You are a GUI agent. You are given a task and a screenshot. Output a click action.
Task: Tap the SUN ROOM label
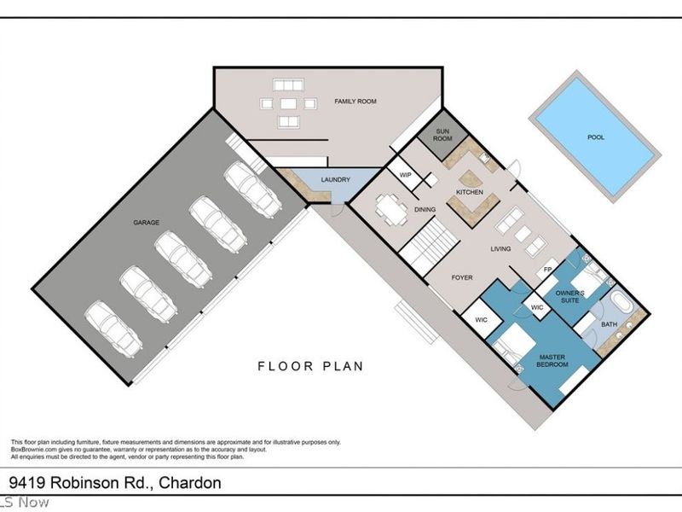(x=442, y=137)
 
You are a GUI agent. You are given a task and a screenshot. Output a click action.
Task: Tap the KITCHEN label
(x=470, y=192)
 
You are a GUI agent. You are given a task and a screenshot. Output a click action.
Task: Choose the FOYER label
(x=460, y=277)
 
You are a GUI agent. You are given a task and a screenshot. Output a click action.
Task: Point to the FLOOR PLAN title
(x=310, y=367)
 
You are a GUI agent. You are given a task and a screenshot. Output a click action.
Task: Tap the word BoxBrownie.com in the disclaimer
(x=32, y=450)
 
